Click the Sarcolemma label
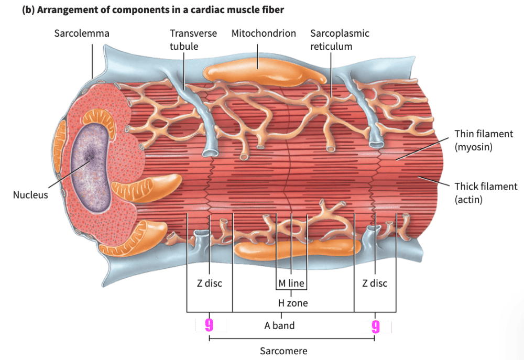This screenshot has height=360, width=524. [82, 34]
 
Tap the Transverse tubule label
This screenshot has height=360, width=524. [193, 40]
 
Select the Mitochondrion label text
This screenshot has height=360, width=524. [264, 34]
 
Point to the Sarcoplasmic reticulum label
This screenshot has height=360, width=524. [340, 40]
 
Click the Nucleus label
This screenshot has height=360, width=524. [30, 195]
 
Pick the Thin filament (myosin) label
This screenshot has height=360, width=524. [484, 140]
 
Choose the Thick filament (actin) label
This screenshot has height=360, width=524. [486, 193]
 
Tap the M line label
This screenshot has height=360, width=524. [291, 283]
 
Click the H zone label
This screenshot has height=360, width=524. [292, 303]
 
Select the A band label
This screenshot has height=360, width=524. [279, 325]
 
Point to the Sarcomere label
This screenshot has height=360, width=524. [283, 351]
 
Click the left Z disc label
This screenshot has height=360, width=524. [210, 283]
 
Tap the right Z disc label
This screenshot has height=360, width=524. [375, 283]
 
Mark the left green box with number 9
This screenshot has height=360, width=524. [211, 325]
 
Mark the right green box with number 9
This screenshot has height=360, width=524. [376, 328]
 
